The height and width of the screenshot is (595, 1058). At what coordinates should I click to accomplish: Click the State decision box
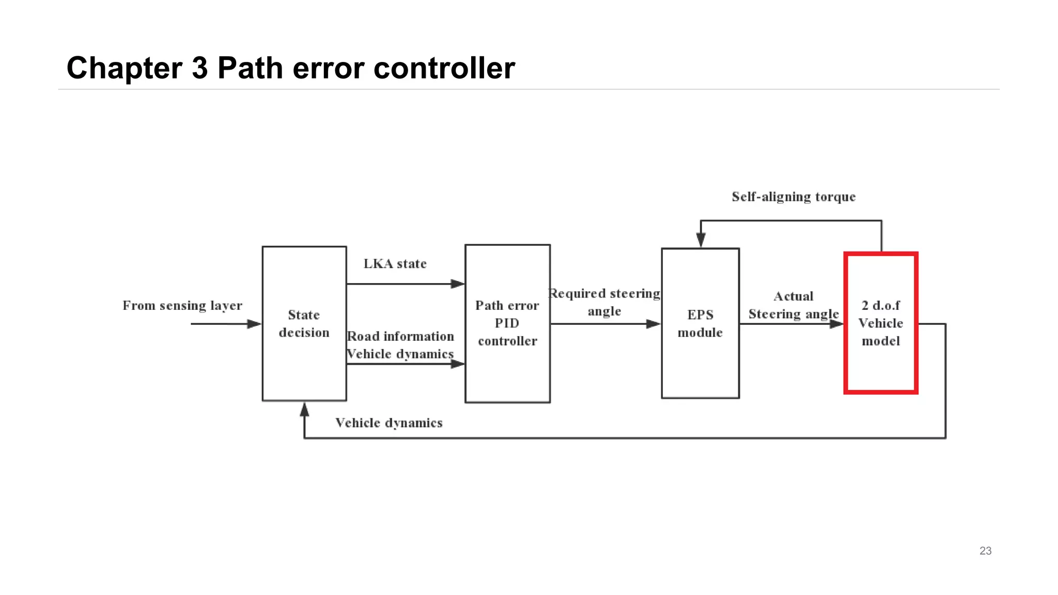pyautogui.click(x=304, y=323)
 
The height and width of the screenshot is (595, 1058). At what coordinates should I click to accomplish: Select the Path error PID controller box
pyautogui.click(x=507, y=323)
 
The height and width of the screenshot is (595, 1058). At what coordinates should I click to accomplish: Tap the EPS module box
pyautogui.click(x=700, y=323)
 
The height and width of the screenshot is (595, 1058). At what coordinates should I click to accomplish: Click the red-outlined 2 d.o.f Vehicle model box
pyautogui.click(x=881, y=323)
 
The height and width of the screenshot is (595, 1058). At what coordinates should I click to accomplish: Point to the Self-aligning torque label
pyautogui.click(x=793, y=197)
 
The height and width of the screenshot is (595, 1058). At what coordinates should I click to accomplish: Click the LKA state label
pyautogui.click(x=395, y=264)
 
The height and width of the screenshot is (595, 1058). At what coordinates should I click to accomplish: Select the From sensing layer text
pyautogui.click(x=182, y=305)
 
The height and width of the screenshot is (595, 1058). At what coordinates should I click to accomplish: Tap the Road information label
pyautogui.click(x=400, y=336)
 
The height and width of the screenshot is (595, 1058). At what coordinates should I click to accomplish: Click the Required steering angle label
pyautogui.click(x=604, y=302)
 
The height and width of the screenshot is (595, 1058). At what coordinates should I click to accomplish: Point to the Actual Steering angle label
pyautogui.click(x=793, y=305)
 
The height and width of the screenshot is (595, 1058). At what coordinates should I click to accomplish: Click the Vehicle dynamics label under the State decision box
pyautogui.click(x=388, y=423)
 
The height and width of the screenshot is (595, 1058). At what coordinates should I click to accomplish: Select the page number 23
pyautogui.click(x=985, y=551)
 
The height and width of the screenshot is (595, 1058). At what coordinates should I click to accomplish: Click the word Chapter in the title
pyautogui.click(x=124, y=68)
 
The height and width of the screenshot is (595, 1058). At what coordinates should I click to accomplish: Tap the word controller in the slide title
pyautogui.click(x=444, y=68)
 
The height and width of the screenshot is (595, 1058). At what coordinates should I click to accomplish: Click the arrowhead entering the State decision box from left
pyautogui.click(x=254, y=324)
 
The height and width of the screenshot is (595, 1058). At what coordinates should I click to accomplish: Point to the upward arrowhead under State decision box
pyautogui.click(x=304, y=410)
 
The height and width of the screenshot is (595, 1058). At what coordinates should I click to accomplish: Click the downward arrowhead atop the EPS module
pyautogui.click(x=701, y=240)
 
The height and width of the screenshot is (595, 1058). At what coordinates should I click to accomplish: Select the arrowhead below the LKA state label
pyautogui.click(x=457, y=284)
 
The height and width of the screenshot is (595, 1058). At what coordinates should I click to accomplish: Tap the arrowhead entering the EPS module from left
pyautogui.click(x=654, y=324)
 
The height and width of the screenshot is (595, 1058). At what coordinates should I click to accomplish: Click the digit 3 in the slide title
pyautogui.click(x=199, y=68)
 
